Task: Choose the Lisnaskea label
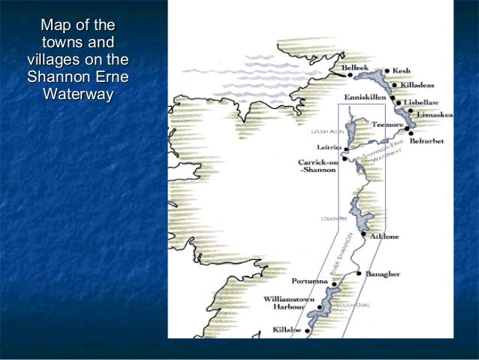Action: click(x=435, y=115)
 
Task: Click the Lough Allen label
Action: click(x=327, y=132)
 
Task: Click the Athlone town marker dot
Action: click(x=363, y=234)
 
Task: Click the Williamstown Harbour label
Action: click(x=289, y=304)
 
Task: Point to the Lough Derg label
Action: click(x=352, y=305)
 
